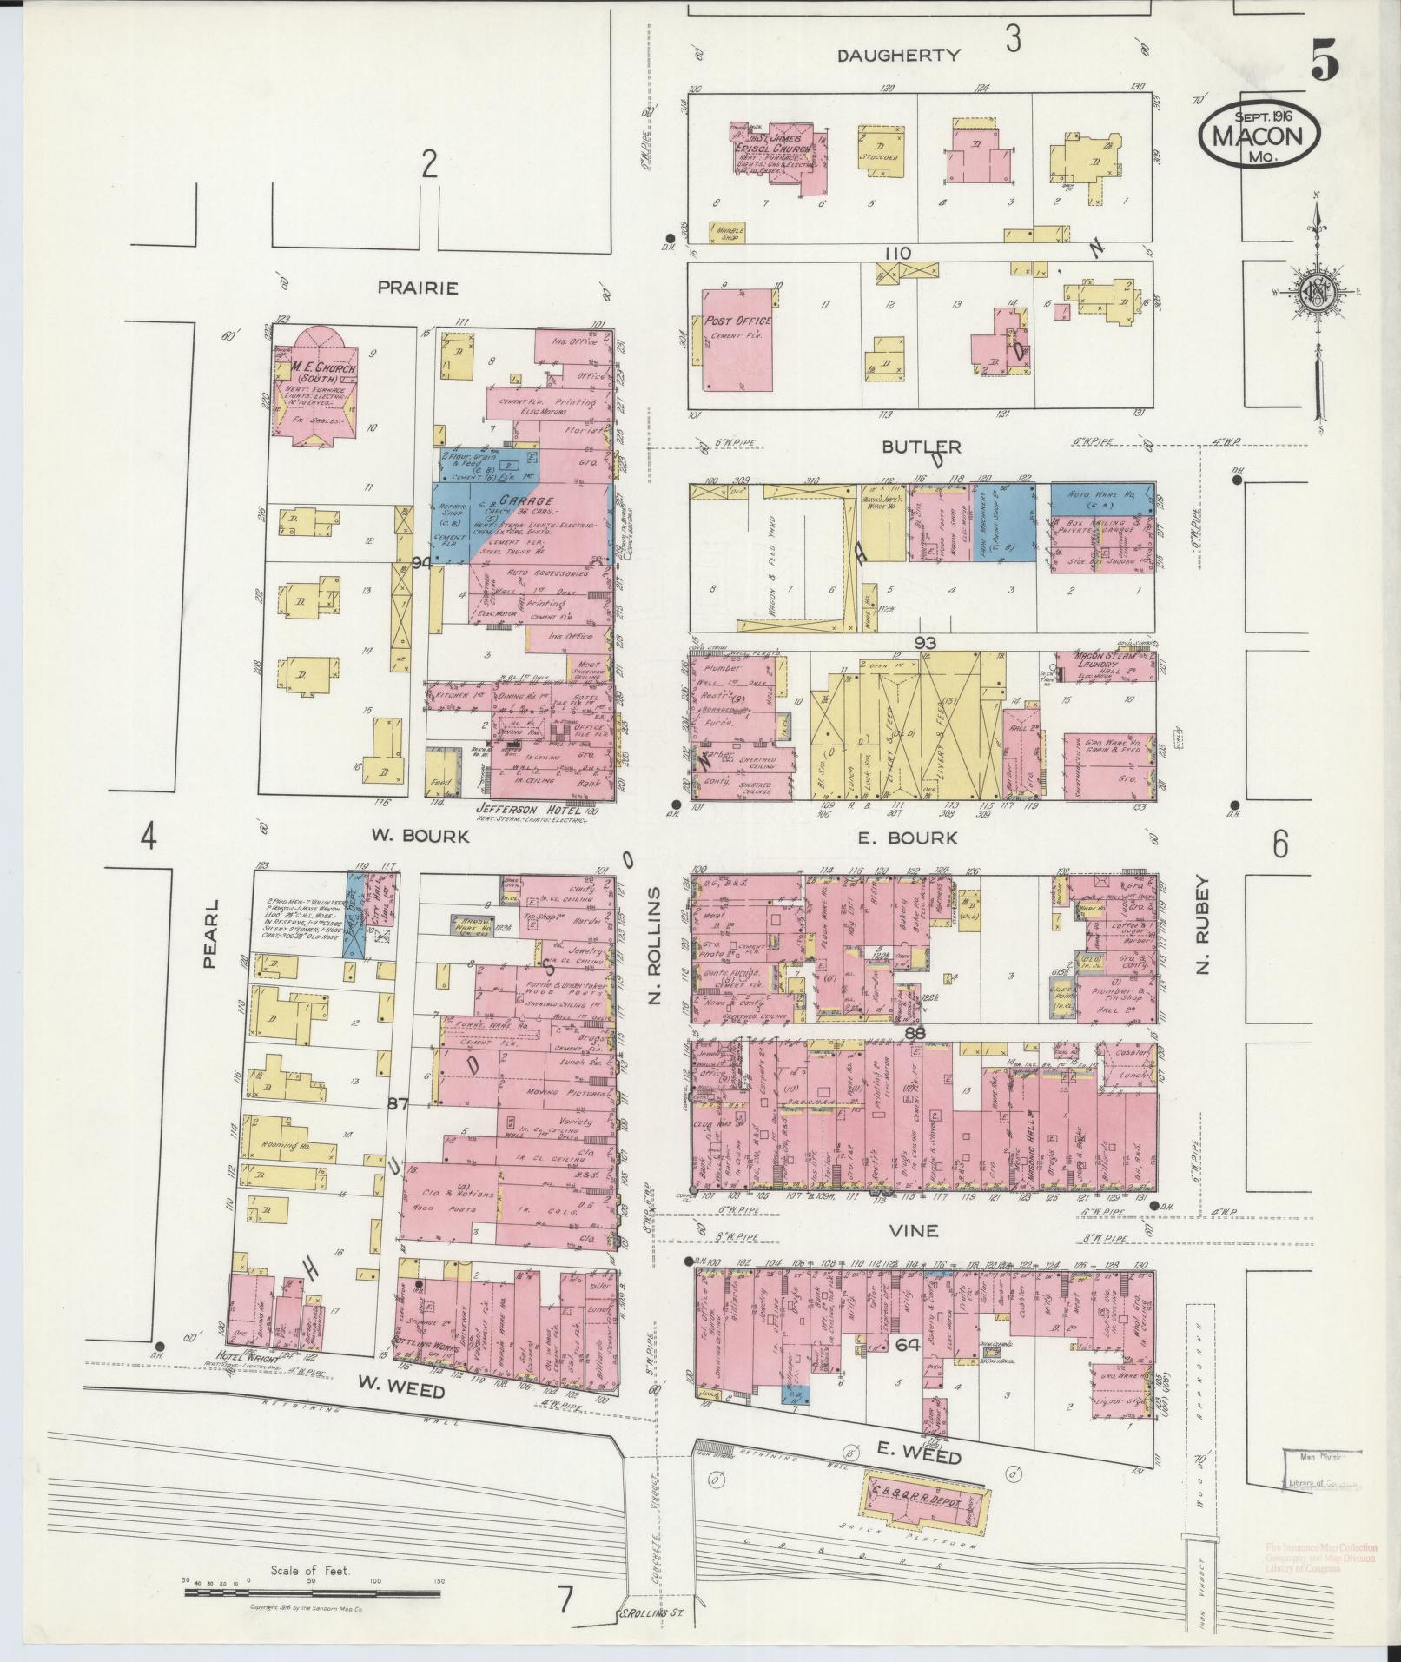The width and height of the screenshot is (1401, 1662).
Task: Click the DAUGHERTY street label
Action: pos(898,56)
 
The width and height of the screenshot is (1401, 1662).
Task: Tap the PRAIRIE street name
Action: pos(418,288)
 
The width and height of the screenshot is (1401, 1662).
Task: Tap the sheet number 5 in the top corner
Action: pos(1324,61)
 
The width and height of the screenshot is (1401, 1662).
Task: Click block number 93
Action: pos(923,642)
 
